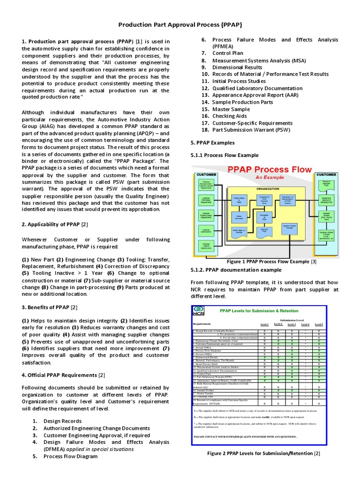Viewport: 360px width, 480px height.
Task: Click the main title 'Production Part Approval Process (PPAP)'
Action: coord(180,25)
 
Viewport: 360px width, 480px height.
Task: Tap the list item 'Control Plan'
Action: coord(228,53)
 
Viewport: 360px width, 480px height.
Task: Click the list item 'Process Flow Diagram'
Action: coord(71,456)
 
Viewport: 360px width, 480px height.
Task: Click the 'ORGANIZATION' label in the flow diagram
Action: coord(268,188)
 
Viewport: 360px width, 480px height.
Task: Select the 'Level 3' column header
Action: coord(292,324)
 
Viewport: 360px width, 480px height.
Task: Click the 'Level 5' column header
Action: coord(319,324)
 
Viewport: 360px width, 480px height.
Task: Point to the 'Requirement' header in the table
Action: coord(202,323)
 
